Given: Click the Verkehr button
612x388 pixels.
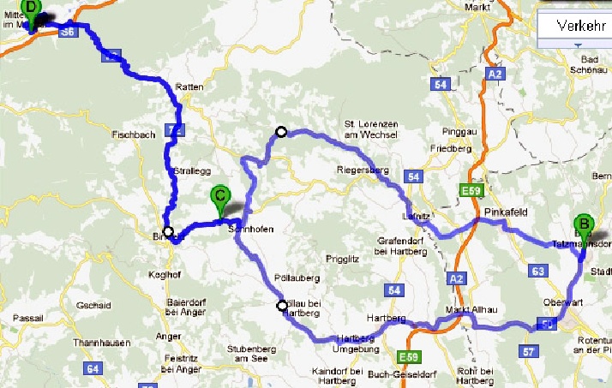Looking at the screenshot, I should coord(575,26).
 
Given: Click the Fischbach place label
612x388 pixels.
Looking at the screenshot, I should coord(133,134).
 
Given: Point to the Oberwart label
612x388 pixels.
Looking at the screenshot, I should coord(562,302).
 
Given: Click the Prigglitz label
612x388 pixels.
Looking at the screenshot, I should coord(342,259).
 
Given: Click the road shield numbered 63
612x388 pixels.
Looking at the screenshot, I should coord(538,272).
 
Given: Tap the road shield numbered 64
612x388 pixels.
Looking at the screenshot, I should coord(91,368).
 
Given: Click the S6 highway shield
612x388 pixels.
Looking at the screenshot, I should coord(69,31).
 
